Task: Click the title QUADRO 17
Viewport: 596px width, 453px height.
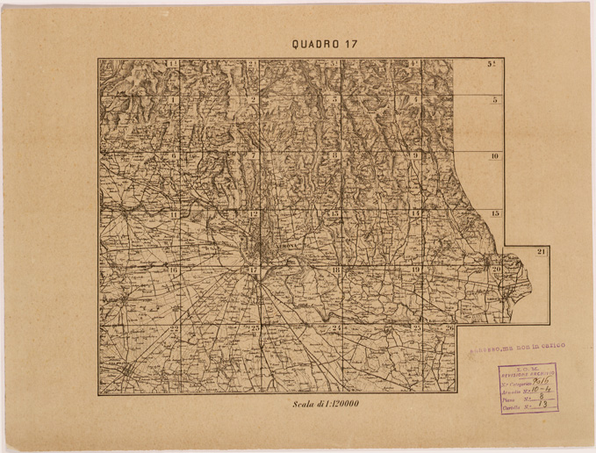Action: (x=325, y=44)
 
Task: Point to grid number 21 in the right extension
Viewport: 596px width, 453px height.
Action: (x=542, y=253)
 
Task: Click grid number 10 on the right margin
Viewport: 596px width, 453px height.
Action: (x=495, y=156)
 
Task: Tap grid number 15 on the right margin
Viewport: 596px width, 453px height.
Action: (x=495, y=213)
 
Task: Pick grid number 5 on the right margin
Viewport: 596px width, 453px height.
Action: (x=495, y=100)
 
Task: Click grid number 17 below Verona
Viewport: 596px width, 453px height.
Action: (x=253, y=270)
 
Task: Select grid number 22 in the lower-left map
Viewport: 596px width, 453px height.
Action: (x=174, y=328)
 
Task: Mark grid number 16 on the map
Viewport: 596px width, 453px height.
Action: (x=175, y=270)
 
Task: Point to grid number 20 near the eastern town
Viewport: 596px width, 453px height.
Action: (x=496, y=270)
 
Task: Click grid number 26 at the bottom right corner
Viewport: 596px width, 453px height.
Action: (x=449, y=328)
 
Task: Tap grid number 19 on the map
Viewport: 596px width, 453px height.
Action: (x=415, y=270)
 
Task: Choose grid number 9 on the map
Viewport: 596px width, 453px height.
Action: (x=415, y=155)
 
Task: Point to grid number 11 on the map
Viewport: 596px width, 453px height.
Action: (x=175, y=214)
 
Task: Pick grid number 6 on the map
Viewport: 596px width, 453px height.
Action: (x=174, y=155)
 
